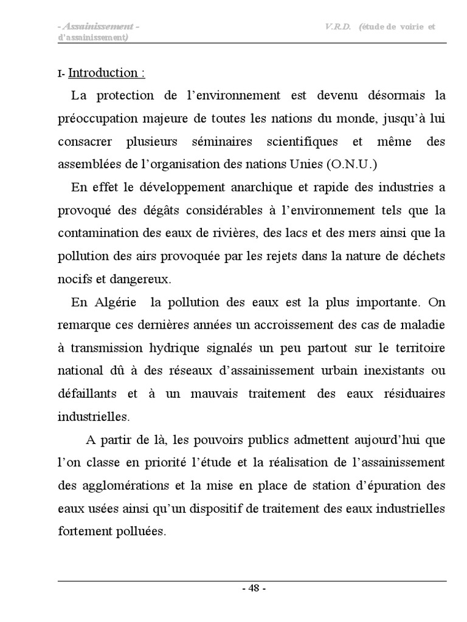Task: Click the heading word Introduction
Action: pyautogui.click(x=103, y=73)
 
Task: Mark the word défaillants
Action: pyautogui.click(x=87, y=394)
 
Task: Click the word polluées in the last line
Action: pyautogui.click(x=143, y=531)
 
